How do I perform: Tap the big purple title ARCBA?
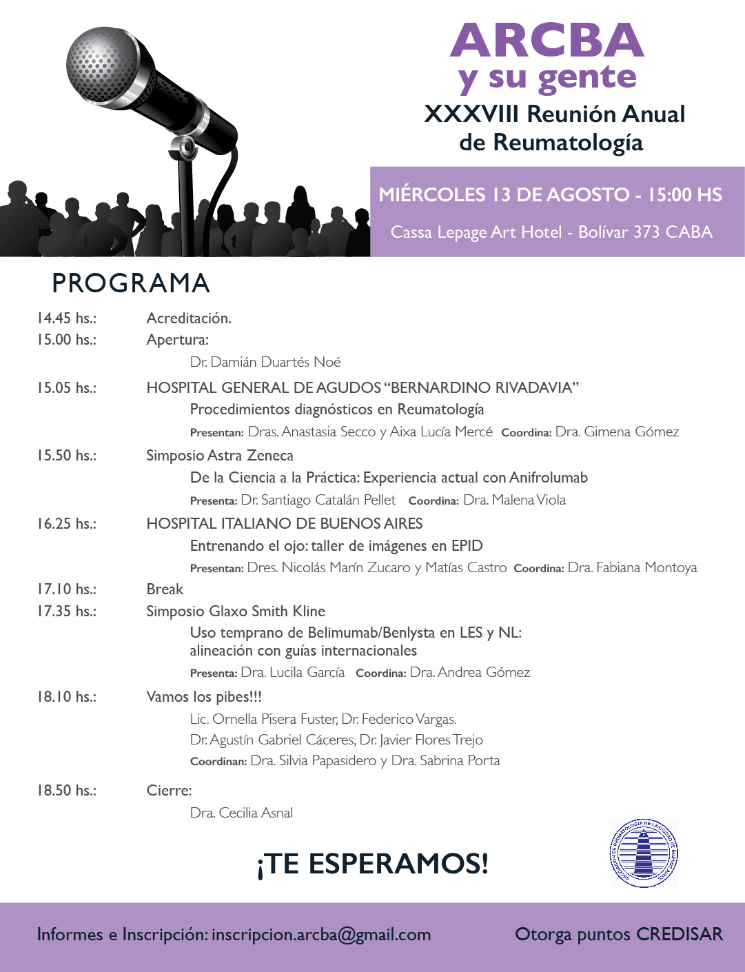pos(547,41)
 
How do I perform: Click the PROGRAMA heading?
pos(131,283)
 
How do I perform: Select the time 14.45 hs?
pos(66,318)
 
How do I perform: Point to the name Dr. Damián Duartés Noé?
pos(265,362)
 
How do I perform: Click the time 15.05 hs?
pos(66,388)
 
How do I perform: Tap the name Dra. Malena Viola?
pos(514,500)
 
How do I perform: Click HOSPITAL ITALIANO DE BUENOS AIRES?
pos(285,524)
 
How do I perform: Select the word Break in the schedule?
pos(165,589)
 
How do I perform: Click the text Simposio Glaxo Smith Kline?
pos(236,611)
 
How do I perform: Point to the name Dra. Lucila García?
pos(292,672)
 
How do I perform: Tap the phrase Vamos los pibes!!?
pos(204,697)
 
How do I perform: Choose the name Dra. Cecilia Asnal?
pos(241,813)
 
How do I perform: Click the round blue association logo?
pos(643,853)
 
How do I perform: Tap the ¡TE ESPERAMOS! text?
pos(372,864)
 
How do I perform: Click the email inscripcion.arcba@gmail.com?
pos(321,935)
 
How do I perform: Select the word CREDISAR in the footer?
pos(679,935)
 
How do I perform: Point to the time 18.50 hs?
pos(66,791)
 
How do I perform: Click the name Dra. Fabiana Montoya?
pos(632,568)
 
